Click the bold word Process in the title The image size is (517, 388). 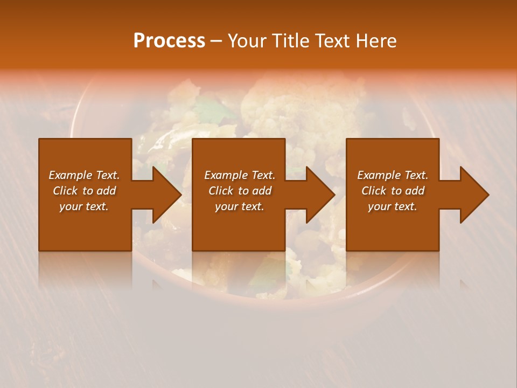click(169, 41)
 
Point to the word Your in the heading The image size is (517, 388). click(248, 41)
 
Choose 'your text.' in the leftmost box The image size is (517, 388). click(84, 206)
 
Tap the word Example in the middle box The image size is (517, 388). click(222, 175)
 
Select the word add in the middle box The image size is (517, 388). click(262, 191)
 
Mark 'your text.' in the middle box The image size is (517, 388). click(239, 206)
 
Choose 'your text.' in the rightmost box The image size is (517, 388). click(393, 206)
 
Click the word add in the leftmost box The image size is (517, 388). click(107, 191)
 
